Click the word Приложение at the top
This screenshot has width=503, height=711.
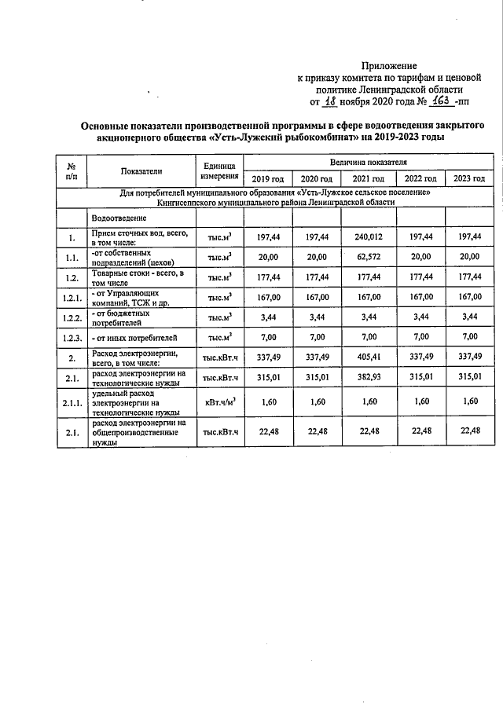coord(389,65)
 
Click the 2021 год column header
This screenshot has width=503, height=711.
coord(369,178)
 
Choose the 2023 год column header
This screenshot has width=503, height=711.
coord(469,178)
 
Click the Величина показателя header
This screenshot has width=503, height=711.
coord(368,161)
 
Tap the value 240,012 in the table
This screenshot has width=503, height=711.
coord(369,236)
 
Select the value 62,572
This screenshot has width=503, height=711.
coord(369,257)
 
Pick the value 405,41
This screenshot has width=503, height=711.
coord(369,358)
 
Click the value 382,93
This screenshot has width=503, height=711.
coord(369,379)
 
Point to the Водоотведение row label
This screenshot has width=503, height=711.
coord(118,216)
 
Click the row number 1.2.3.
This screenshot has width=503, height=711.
coord(72,338)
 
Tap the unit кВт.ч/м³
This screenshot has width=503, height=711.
coord(219,402)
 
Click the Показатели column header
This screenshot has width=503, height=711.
coord(141,170)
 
